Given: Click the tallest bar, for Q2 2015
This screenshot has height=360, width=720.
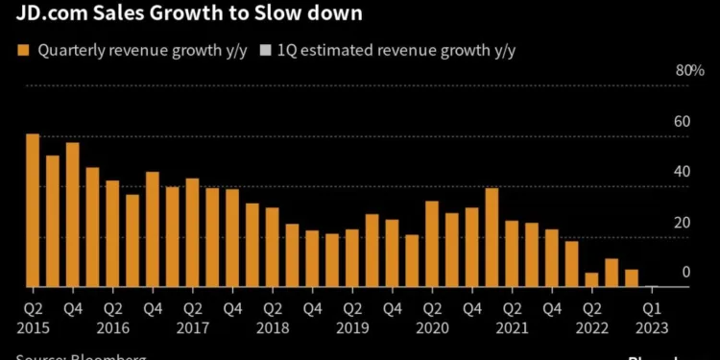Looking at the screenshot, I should point(33,210).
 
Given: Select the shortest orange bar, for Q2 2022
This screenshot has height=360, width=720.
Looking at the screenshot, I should point(591,279).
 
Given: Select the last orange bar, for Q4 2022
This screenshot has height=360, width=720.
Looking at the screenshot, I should point(631,278).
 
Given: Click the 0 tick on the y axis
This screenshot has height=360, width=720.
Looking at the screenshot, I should point(685,273).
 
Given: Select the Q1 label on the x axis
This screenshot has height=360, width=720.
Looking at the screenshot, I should point(651,309).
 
